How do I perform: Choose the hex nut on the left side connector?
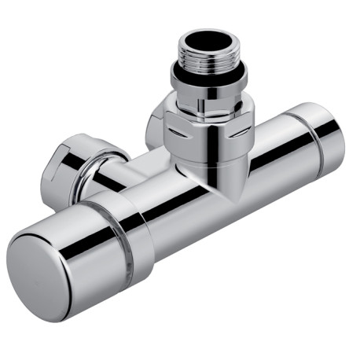pyautogui.click(x=75, y=161)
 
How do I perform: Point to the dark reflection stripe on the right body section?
pyautogui.click(x=275, y=153)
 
